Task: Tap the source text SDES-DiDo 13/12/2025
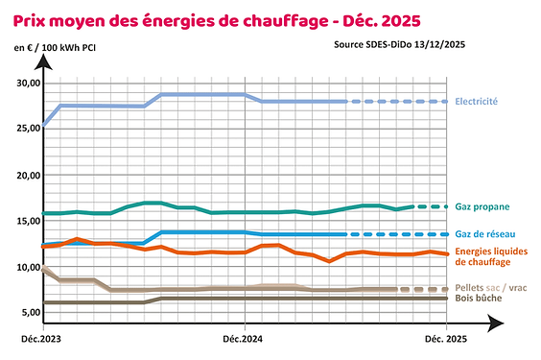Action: click(x=400, y=44)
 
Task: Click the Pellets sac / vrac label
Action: click(x=490, y=287)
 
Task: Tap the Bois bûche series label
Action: click(x=480, y=299)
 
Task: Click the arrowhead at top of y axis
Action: click(x=42, y=61)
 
